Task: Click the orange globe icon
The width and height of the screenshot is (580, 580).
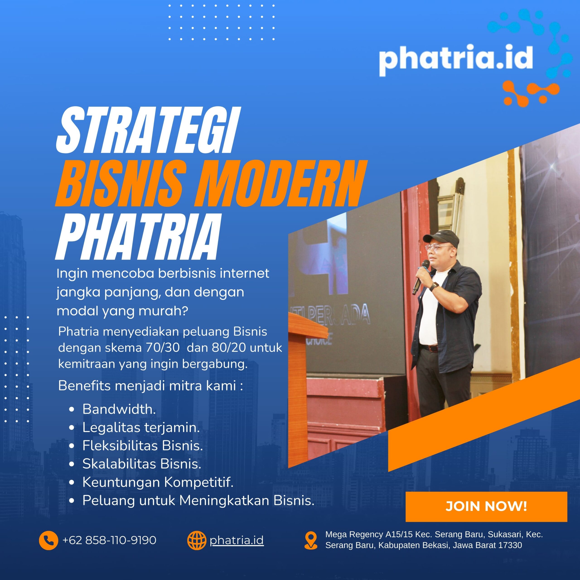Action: [197, 540]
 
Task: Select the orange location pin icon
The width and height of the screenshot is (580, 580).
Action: [311, 541]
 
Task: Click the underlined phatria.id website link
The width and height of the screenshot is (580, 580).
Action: [237, 540]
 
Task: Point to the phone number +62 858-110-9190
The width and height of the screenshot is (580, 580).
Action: [109, 540]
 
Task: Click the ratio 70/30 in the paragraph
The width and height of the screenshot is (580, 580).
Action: [163, 348]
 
